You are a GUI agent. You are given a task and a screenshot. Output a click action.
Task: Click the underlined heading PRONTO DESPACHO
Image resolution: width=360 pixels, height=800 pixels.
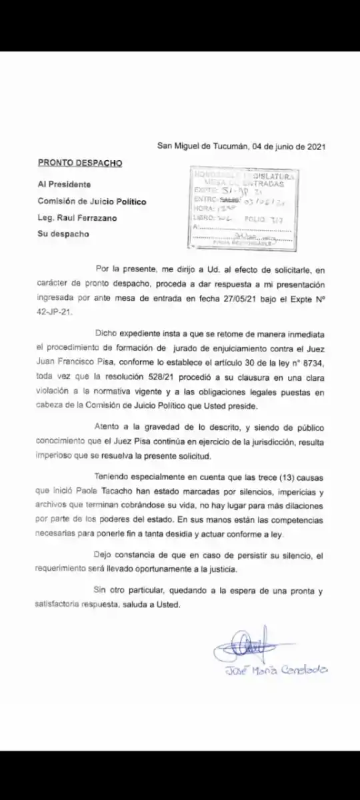point(80,163)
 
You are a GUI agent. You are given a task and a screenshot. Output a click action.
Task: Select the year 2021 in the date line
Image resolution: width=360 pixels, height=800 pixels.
point(313,146)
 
